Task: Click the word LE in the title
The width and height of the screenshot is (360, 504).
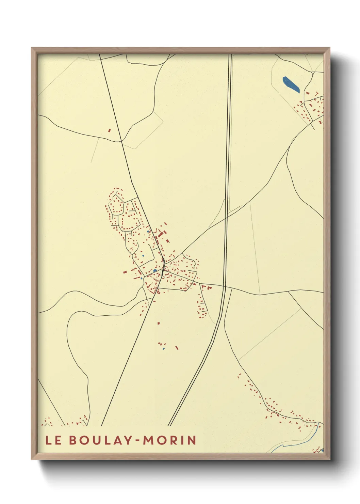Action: coord(53,440)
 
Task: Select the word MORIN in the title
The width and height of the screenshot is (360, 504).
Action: coord(169,440)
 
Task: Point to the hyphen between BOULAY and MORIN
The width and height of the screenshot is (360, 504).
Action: coord(137,441)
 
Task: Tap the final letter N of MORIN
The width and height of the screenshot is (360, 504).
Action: coord(192,440)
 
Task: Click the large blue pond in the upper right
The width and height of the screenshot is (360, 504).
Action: coord(291,84)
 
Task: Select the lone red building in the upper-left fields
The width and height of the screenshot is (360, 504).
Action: coord(109,130)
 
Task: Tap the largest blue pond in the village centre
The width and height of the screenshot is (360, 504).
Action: coord(155,271)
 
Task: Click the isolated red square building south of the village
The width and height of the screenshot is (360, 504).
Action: coord(159,323)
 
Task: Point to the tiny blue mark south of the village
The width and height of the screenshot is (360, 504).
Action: coord(164,349)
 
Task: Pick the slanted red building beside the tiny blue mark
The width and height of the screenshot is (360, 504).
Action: coord(177,348)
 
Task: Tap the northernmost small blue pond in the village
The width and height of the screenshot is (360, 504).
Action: coord(148,232)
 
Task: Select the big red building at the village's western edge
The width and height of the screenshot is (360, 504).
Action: coord(125,272)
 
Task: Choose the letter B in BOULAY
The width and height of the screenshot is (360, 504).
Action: coord(73,440)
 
